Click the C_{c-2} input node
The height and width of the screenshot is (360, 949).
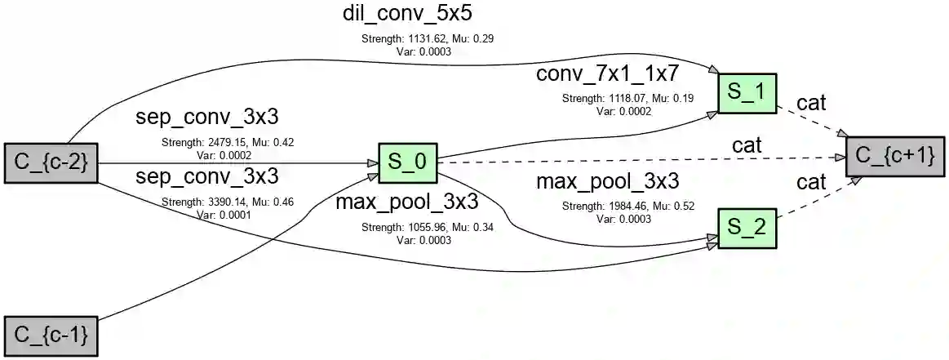point(51,163)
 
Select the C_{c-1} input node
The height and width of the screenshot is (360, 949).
point(51,336)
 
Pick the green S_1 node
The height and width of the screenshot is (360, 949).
point(747,93)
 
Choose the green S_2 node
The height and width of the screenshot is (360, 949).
point(747,229)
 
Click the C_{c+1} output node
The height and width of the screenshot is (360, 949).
point(894,153)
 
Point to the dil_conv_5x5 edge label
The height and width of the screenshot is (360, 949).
point(407,14)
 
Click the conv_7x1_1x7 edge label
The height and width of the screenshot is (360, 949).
point(607,74)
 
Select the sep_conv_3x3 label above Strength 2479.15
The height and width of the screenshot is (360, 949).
point(207,118)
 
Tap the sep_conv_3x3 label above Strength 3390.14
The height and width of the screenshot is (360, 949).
point(207,176)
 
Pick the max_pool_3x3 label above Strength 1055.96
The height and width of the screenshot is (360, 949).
point(407,201)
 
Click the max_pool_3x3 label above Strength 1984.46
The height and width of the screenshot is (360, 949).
point(607,182)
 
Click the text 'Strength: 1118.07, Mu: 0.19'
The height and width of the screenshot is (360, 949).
point(627,98)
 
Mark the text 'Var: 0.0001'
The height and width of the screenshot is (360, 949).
point(224,215)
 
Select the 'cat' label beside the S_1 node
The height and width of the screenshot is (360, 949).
point(811,104)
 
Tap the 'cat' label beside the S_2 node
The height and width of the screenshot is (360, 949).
point(811,183)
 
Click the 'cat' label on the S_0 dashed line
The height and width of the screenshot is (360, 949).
point(747,145)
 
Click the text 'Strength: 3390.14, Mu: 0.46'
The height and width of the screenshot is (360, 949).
point(228,202)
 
